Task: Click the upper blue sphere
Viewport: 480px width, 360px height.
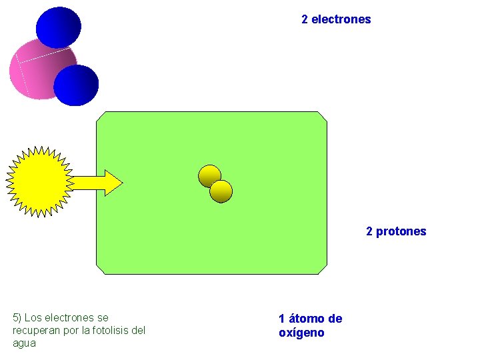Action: pyautogui.click(x=58, y=27)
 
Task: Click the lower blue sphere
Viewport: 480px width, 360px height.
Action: pyautogui.click(x=76, y=85)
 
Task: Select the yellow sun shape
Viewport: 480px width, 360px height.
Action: pyautogui.click(x=39, y=181)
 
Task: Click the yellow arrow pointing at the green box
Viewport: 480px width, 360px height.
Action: pyautogui.click(x=97, y=182)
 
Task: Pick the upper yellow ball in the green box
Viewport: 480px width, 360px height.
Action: pyautogui.click(x=209, y=176)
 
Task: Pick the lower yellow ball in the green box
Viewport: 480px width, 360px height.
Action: pyautogui.click(x=221, y=192)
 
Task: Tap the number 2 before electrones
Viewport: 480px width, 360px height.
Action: pyautogui.click(x=305, y=19)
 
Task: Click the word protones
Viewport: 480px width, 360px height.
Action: pyautogui.click(x=401, y=231)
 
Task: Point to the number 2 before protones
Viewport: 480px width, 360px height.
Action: pyautogui.click(x=369, y=231)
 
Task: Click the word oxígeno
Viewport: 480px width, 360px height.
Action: pyautogui.click(x=301, y=333)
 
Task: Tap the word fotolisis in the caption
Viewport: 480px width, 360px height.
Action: pyautogui.click(x=113, y=330)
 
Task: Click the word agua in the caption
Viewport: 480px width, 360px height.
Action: pyautogui.click(x=24, y=343)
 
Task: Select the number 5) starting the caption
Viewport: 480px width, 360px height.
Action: pyautogui.click(x=17, y=317)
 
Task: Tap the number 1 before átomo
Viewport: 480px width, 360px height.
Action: pyautogui.click(x=282, y=319)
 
